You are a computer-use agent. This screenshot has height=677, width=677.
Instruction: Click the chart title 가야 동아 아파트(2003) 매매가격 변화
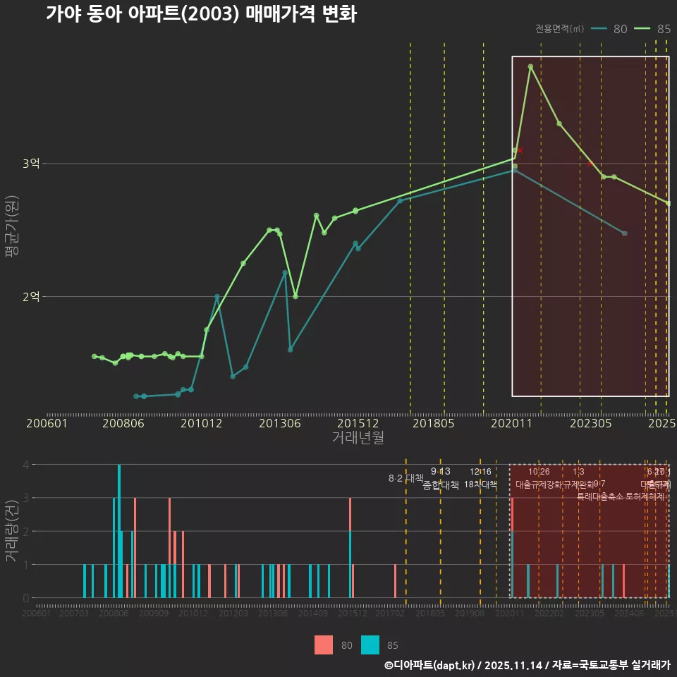click(201, 14)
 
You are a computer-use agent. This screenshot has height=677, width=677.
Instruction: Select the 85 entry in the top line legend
click(653, 29)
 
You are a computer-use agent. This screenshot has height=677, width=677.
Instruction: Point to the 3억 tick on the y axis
click(31, 164)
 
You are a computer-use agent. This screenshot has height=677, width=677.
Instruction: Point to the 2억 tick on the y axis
click(31, 297)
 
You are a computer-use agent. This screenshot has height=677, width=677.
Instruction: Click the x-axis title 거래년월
click(358, 437)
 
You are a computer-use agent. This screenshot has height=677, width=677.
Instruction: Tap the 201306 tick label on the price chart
click(280, 424)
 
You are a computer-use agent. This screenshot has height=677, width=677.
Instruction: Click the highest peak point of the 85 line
click(530, 67)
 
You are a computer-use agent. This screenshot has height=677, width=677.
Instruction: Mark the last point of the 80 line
click(624, 233)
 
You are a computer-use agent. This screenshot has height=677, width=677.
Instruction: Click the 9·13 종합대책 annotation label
click(441, 479)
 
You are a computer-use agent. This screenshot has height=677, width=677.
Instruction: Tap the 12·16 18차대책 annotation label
click(480, 479)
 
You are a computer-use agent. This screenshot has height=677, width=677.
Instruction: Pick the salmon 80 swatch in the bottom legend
click(324, 645)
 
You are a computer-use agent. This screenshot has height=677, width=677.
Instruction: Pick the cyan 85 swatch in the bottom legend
click(370, 645)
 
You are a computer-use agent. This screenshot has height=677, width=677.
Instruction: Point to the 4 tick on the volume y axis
click(25, 465)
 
